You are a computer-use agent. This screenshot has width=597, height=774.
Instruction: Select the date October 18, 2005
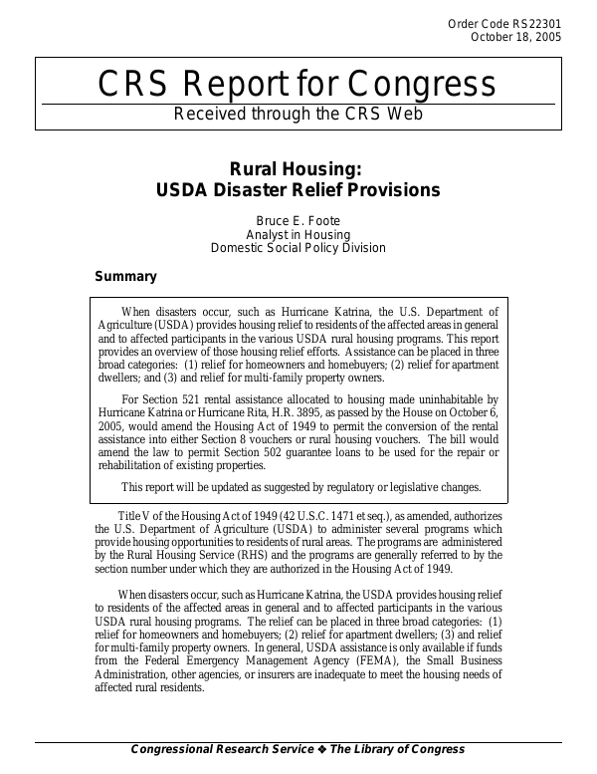[x=515, y=37]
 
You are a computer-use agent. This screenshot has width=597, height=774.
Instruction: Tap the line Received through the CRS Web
[x=298, y=113]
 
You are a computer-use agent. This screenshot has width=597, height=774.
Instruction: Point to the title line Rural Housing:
[x=298, y=168]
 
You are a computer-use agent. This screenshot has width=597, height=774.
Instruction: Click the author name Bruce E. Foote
[x=298, y=220]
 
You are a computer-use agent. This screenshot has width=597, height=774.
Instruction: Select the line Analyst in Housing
[x=298, y=234]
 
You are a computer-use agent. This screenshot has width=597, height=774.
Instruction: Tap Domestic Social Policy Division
[x=298, y=248]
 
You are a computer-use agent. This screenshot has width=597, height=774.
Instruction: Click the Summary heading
[x=125, y=277]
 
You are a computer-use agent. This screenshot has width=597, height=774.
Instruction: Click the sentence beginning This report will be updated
[x=300, y=487]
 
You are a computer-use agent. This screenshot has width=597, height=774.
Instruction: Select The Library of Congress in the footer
[x=397, y=749]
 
